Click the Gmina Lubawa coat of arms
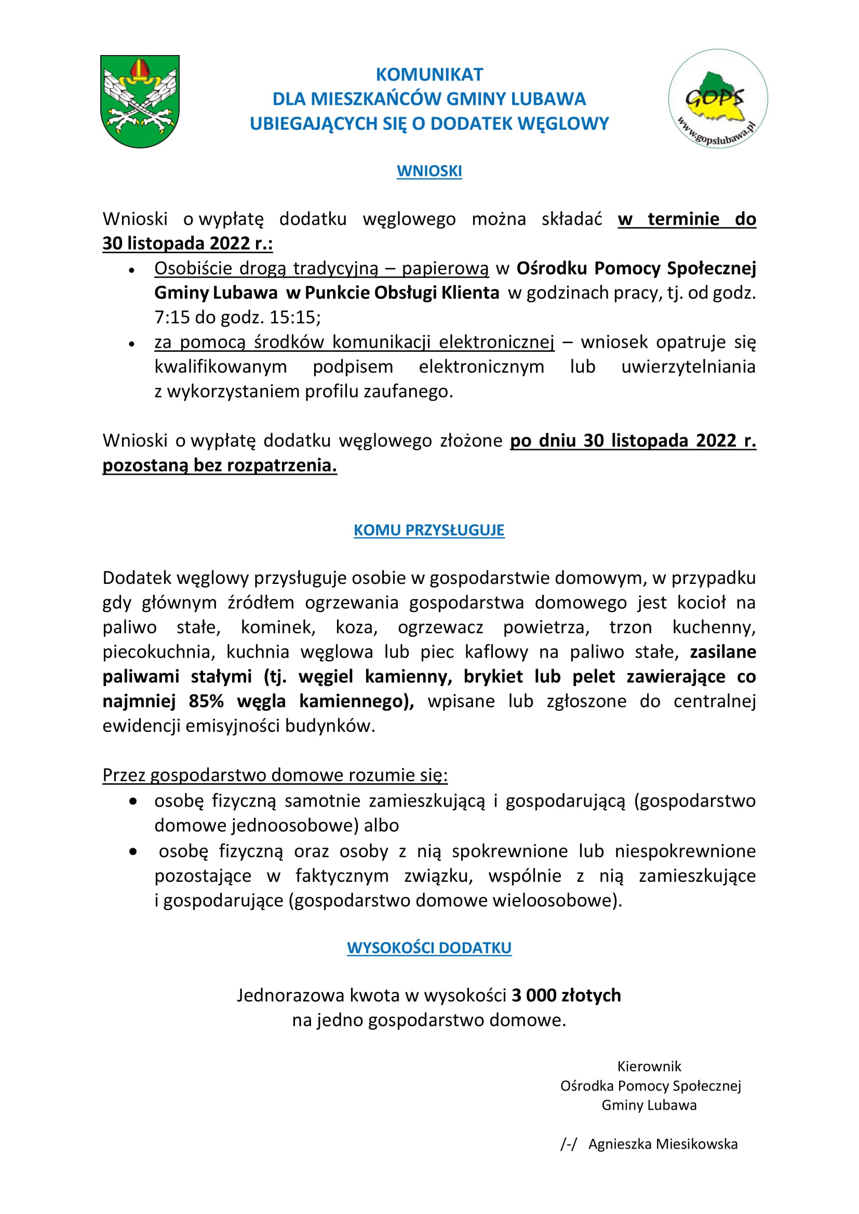click(x=140, y=101)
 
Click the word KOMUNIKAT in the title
click(x=429, y=75)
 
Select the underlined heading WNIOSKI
click(x=429, y=171)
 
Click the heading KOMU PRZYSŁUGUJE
click(x=429, y=530)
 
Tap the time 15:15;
click(x=295, y=317)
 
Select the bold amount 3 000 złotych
click(x=566, y=995)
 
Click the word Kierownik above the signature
click(x=649, y=1067)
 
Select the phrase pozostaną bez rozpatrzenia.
click(x=220, y=465)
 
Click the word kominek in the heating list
click(x=278, y=628)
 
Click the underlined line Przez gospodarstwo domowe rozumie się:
click(x=275, y=775)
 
